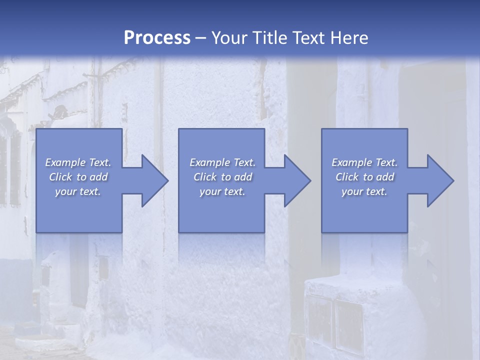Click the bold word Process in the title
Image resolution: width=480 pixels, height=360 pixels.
[157, 38]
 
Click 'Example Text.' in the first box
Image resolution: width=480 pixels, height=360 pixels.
[78, 162]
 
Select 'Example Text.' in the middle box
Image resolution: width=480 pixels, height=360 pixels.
[222, 162]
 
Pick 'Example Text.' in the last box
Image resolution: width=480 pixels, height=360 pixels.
[364, 162]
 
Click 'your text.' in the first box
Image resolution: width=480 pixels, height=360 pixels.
[78, 191]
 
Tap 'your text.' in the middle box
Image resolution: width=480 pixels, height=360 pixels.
[222, 191]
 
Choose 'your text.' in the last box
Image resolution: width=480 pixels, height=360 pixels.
[364, 191]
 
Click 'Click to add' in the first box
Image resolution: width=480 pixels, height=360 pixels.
[78, 177]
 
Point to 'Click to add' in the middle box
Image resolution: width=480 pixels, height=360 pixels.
[222, 177]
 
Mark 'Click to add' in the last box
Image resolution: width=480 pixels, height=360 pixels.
[364, 177]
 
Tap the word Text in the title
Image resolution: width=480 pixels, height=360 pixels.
[309, 38]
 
